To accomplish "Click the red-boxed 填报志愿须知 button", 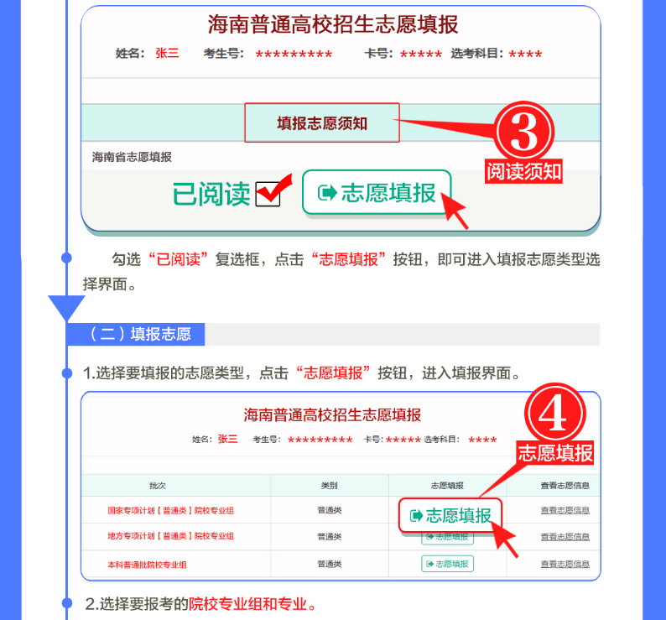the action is pyautogui.click(x=322, y=122).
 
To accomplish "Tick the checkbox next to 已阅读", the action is pyautogui.click(x=268, y=194).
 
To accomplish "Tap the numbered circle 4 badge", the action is pyautogui.click(x=554, y=414).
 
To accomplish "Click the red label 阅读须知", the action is pyautogui.click(x=523, y=172).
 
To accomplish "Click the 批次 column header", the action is pyautogui.click(x=158, y=485).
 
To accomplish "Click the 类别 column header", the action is pyautogui.click(x=329, y=485).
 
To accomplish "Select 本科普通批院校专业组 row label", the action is pyautogui.click(x=147, y=565).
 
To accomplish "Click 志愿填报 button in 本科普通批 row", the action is pyautogui.click(x=447, y=564).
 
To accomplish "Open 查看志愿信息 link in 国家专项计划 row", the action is pyautogui.click(x=565, y=510).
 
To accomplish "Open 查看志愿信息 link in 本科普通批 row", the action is pyautogui.click(x=565, y=564).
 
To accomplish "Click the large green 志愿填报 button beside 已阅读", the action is pyautogui.click(x=377, y=192).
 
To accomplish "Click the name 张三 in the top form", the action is pyautogui.click(x=167, y=53).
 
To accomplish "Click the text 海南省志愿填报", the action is pyautogui.click(x=132, y=157).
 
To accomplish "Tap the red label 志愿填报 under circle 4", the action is pyautogui.click(x=555, y=452).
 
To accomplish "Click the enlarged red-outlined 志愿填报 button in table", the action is pyautogui.click(x=450, y=515).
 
